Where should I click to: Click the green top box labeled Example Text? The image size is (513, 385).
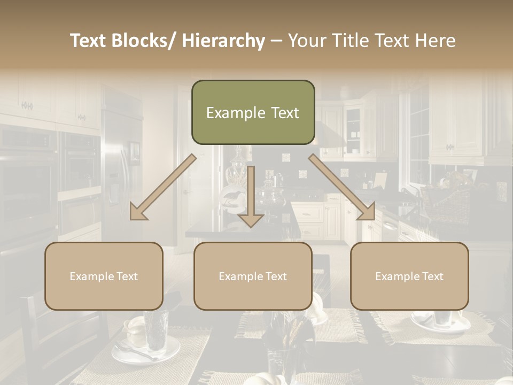click(x=253, y=112)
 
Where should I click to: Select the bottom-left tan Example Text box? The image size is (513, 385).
click(x=104, y=276)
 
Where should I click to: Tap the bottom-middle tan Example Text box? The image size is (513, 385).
click(x=253, y=276)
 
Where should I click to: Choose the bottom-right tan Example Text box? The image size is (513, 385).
click(x=409, y=276)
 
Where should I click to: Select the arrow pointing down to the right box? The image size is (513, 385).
click(x=342, y=187)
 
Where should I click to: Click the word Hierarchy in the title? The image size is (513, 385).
click(x=223, y=41)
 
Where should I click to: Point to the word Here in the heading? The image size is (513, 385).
click(x=435, y=41)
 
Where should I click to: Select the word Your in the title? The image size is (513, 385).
click(x=306, y=41)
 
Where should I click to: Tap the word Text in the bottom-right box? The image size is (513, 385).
click(x=431, y=276)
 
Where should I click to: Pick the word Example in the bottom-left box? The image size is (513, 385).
click(x=89, y=276)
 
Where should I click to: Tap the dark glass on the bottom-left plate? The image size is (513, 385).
click(x=156, y=329)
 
